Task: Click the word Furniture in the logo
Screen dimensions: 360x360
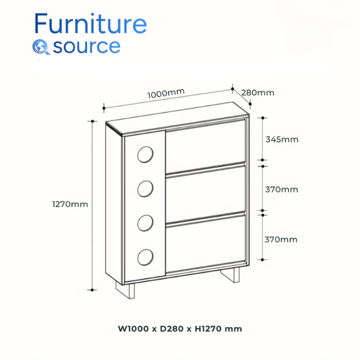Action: tap(91, 24)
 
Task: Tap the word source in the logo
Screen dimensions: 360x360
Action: tap(87, 46)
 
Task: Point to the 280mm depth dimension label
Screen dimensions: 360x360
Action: tap(258, 92)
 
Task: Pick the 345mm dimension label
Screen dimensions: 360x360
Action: tap(282, 139)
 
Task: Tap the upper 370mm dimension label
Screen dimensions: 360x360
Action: tap(282, 190)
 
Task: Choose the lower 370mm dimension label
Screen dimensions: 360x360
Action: tap(281, 240)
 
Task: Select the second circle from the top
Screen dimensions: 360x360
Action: tap(145, 189)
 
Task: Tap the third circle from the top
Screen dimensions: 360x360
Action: tap(145, 223)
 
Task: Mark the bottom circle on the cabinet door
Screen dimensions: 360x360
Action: tap(145, 257)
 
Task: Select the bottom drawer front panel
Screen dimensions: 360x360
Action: tap(206, 245)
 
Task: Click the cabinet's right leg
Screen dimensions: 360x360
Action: tap(229, 277)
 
